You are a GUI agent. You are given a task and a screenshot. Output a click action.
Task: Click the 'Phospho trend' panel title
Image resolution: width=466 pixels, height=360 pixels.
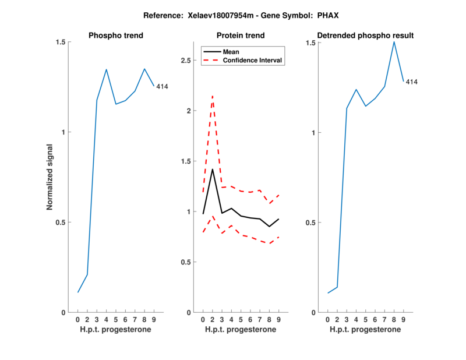pos(116,36)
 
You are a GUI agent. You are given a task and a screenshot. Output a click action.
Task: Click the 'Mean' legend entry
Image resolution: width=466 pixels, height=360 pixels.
pos(231,52)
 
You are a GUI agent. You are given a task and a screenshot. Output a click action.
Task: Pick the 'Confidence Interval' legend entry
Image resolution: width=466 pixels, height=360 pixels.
pos(252,60)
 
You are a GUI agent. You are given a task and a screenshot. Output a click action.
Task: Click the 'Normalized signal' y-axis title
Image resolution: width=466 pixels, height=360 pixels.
pos(50,177)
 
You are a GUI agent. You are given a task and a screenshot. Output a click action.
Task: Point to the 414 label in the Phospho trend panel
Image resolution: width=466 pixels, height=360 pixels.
pos(162,87)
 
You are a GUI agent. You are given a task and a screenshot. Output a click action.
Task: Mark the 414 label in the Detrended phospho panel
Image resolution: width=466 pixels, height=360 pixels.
pos(411,82)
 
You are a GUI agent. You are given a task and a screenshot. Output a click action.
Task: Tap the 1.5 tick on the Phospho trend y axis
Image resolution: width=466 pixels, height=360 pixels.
pos(61,43)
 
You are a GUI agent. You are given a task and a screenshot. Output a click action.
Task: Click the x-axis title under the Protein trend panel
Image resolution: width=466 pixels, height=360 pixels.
pos(241,330)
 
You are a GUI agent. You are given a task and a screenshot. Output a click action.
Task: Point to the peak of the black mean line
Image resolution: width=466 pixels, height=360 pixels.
pos(212,169)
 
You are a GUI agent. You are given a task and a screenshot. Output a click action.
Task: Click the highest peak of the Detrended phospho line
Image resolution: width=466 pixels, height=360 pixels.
pos(394,41)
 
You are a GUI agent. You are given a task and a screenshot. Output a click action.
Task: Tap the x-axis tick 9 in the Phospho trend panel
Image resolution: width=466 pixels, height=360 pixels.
pos(154,320)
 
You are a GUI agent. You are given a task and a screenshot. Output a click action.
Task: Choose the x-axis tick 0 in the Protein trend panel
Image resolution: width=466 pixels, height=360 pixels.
pos(203,320)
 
